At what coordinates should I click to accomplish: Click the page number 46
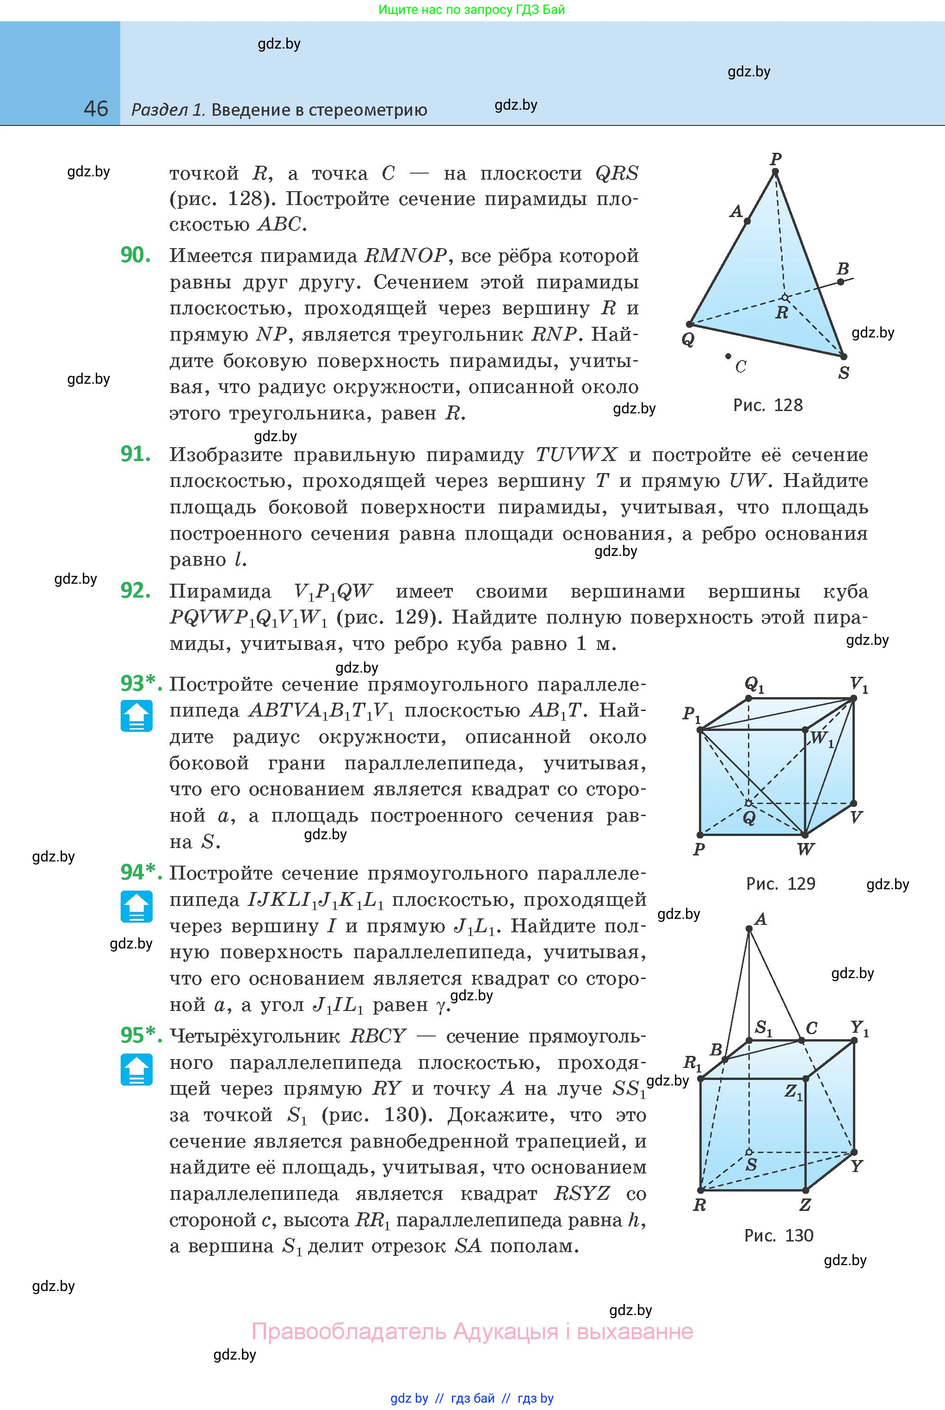pyautogui.click(x=96, y=109)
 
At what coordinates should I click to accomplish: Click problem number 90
pyautogui.click(x=136, y=255)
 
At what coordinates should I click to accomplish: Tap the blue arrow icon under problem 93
pyautogui.click(x=136, y=716)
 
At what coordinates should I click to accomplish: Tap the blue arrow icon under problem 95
pyautogui.click(x=136, y=1069)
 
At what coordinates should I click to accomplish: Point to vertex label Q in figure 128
pyautogui.click(x=688, y=339)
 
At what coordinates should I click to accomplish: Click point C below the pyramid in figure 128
pyautogui.click(x=729, y=356)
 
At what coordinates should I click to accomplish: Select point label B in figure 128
pyautogui.click(x=843, y=269)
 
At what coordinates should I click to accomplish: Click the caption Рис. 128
pyautogui.click(x=767, y=405)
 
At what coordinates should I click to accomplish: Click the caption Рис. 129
pyautogui.click(x=780, y=884)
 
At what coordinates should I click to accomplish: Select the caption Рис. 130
pyautogui.click(x=778, y=1235)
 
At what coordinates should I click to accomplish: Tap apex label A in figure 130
pyautogui.click(x=760, y=919)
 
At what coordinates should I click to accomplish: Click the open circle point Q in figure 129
pyautogui.click(x=748, y=803)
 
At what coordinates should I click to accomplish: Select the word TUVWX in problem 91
pyautogui.click(x=576, y=455)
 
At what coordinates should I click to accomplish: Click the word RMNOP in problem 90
pyautogui.click(x=406, y=256)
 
